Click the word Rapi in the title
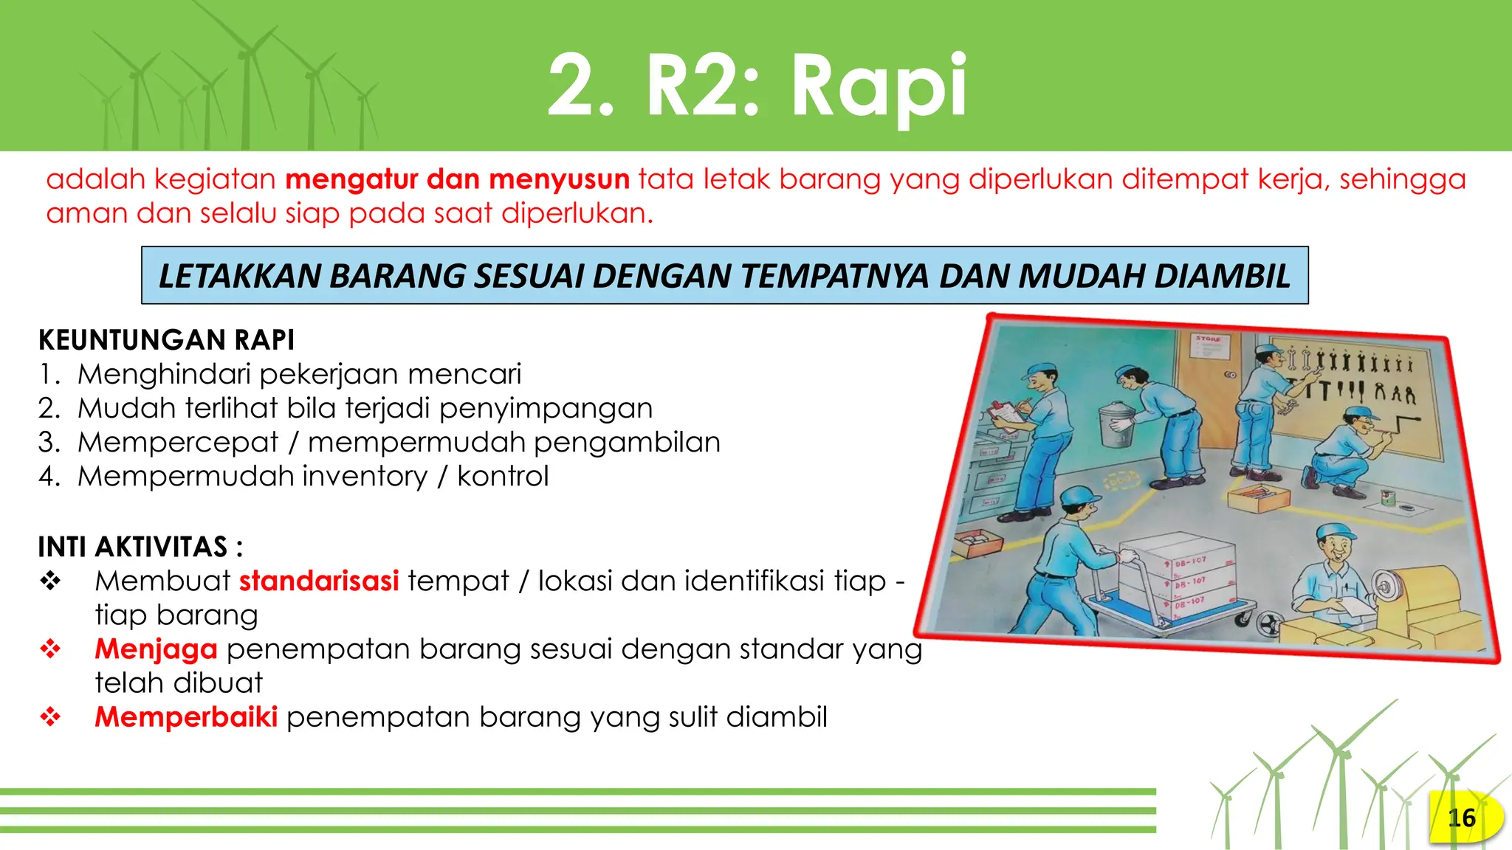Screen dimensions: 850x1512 click(879, 87)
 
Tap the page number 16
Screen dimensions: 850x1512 click(1461, 818)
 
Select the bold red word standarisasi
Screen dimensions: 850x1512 click(319, 581)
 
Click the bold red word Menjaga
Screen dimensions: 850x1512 click(156, 649)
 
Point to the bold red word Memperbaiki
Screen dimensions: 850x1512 click(186, 717)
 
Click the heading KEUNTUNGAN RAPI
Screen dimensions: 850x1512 click(166, 340)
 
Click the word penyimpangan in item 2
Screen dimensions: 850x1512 click(546, 409)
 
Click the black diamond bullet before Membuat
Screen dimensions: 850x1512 click(50, 581)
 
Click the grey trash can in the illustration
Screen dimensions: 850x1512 click(1116, 425)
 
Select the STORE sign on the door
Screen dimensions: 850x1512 click(1209, 339)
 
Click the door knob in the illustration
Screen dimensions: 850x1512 click(1230, 375)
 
